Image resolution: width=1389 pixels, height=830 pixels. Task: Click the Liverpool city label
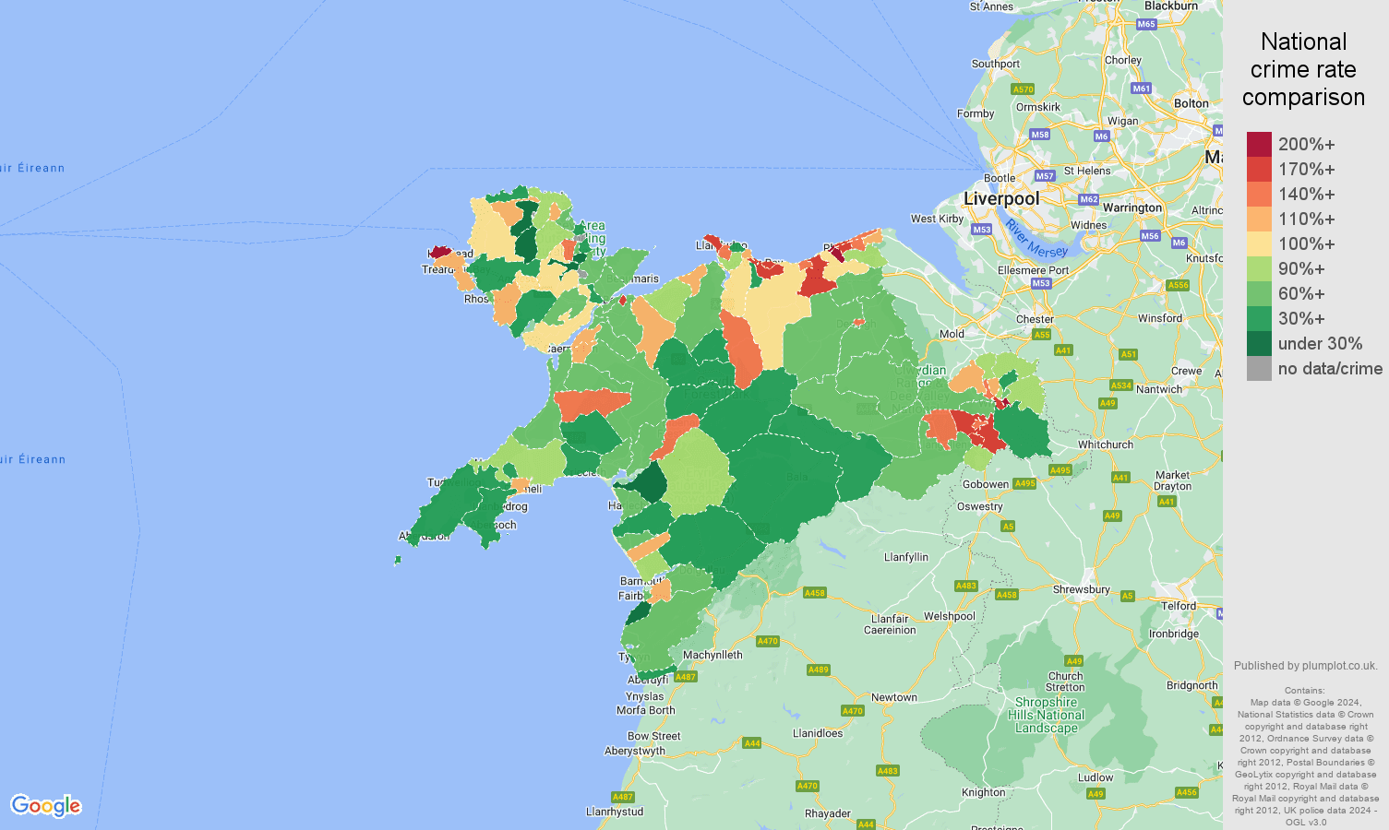[x=1001, y=198]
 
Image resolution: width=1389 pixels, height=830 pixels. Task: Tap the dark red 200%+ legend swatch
[x=1259, y=145]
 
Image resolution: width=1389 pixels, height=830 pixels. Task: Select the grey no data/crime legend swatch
[x=1259, y=369]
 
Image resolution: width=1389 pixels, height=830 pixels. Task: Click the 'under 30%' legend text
[x=1320, y=344]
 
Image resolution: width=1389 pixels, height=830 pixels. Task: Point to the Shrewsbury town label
[x=1081, y=589]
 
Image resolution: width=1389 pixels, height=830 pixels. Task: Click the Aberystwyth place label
[x=635, y=751]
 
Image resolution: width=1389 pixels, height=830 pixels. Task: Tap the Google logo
[x=46, y=805]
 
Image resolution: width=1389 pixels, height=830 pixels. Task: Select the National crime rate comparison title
[x=1303, y=69]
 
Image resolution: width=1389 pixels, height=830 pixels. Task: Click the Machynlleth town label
[x=712, y=655]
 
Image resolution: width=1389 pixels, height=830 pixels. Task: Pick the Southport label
[x=995, y=64]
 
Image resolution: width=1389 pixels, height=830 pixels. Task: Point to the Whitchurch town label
[x=1106, y=445]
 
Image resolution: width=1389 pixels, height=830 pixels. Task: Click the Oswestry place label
[x=980, y=506]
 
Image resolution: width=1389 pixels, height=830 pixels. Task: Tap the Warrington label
[x=1132, y=207]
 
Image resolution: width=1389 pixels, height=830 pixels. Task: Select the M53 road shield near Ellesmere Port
[x=1041, y=283]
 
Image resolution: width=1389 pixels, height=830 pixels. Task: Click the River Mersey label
[x=1036, y=240]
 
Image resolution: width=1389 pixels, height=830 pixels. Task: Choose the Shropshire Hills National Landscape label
[x=1046, y=715]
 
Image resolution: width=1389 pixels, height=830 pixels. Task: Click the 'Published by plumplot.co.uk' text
[x=1305, y=666]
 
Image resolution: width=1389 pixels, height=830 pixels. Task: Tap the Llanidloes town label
[x=818, y=733]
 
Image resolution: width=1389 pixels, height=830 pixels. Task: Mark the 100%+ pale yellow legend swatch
[x=1259, y=244]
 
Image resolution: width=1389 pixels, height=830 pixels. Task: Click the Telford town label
[x=1179, y=606]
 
